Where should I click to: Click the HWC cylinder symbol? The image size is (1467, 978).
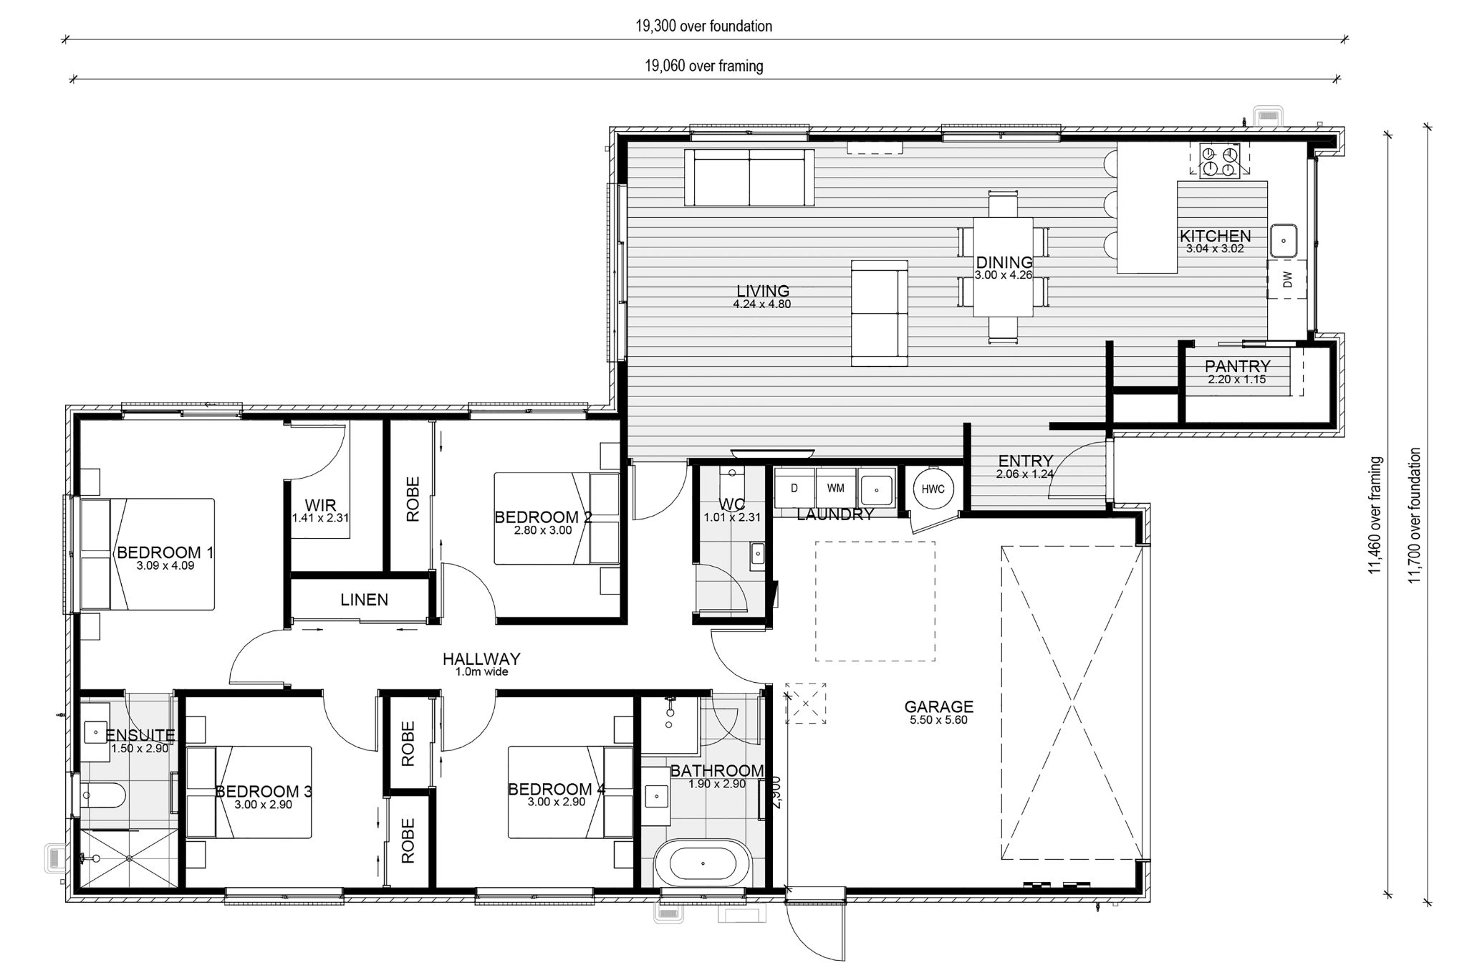[933, 489]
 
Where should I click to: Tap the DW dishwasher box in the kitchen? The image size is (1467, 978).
[1286, 279]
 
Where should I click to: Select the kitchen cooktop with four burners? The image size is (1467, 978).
[1219, 161]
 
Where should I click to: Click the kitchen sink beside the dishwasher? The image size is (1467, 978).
[1285, 240]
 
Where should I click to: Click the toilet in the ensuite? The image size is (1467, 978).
[103, 795]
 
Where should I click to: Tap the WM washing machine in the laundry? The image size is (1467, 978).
[836, 489]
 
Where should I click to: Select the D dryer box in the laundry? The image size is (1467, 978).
[794, 489]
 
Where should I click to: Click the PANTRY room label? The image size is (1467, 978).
[1237, 366]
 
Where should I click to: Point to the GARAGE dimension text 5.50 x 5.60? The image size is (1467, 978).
[938, 720]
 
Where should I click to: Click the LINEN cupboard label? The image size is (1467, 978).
[364, 600]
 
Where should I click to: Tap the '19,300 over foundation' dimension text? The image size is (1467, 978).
[703, 27]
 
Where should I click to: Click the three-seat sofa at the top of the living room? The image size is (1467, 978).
[749, 177]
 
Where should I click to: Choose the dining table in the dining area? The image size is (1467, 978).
[1003, 267]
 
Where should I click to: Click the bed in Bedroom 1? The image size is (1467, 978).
[148, 555]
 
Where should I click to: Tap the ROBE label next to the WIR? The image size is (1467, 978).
[413, 499]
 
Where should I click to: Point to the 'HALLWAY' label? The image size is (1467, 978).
[481, 659]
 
